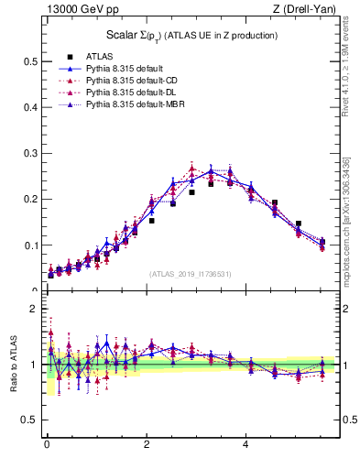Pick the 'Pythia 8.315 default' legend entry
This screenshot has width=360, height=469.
pyautogui.click(x=124, y=69)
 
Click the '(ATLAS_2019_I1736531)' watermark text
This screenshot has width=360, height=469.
pyautogui.click(x=189, y=273)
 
